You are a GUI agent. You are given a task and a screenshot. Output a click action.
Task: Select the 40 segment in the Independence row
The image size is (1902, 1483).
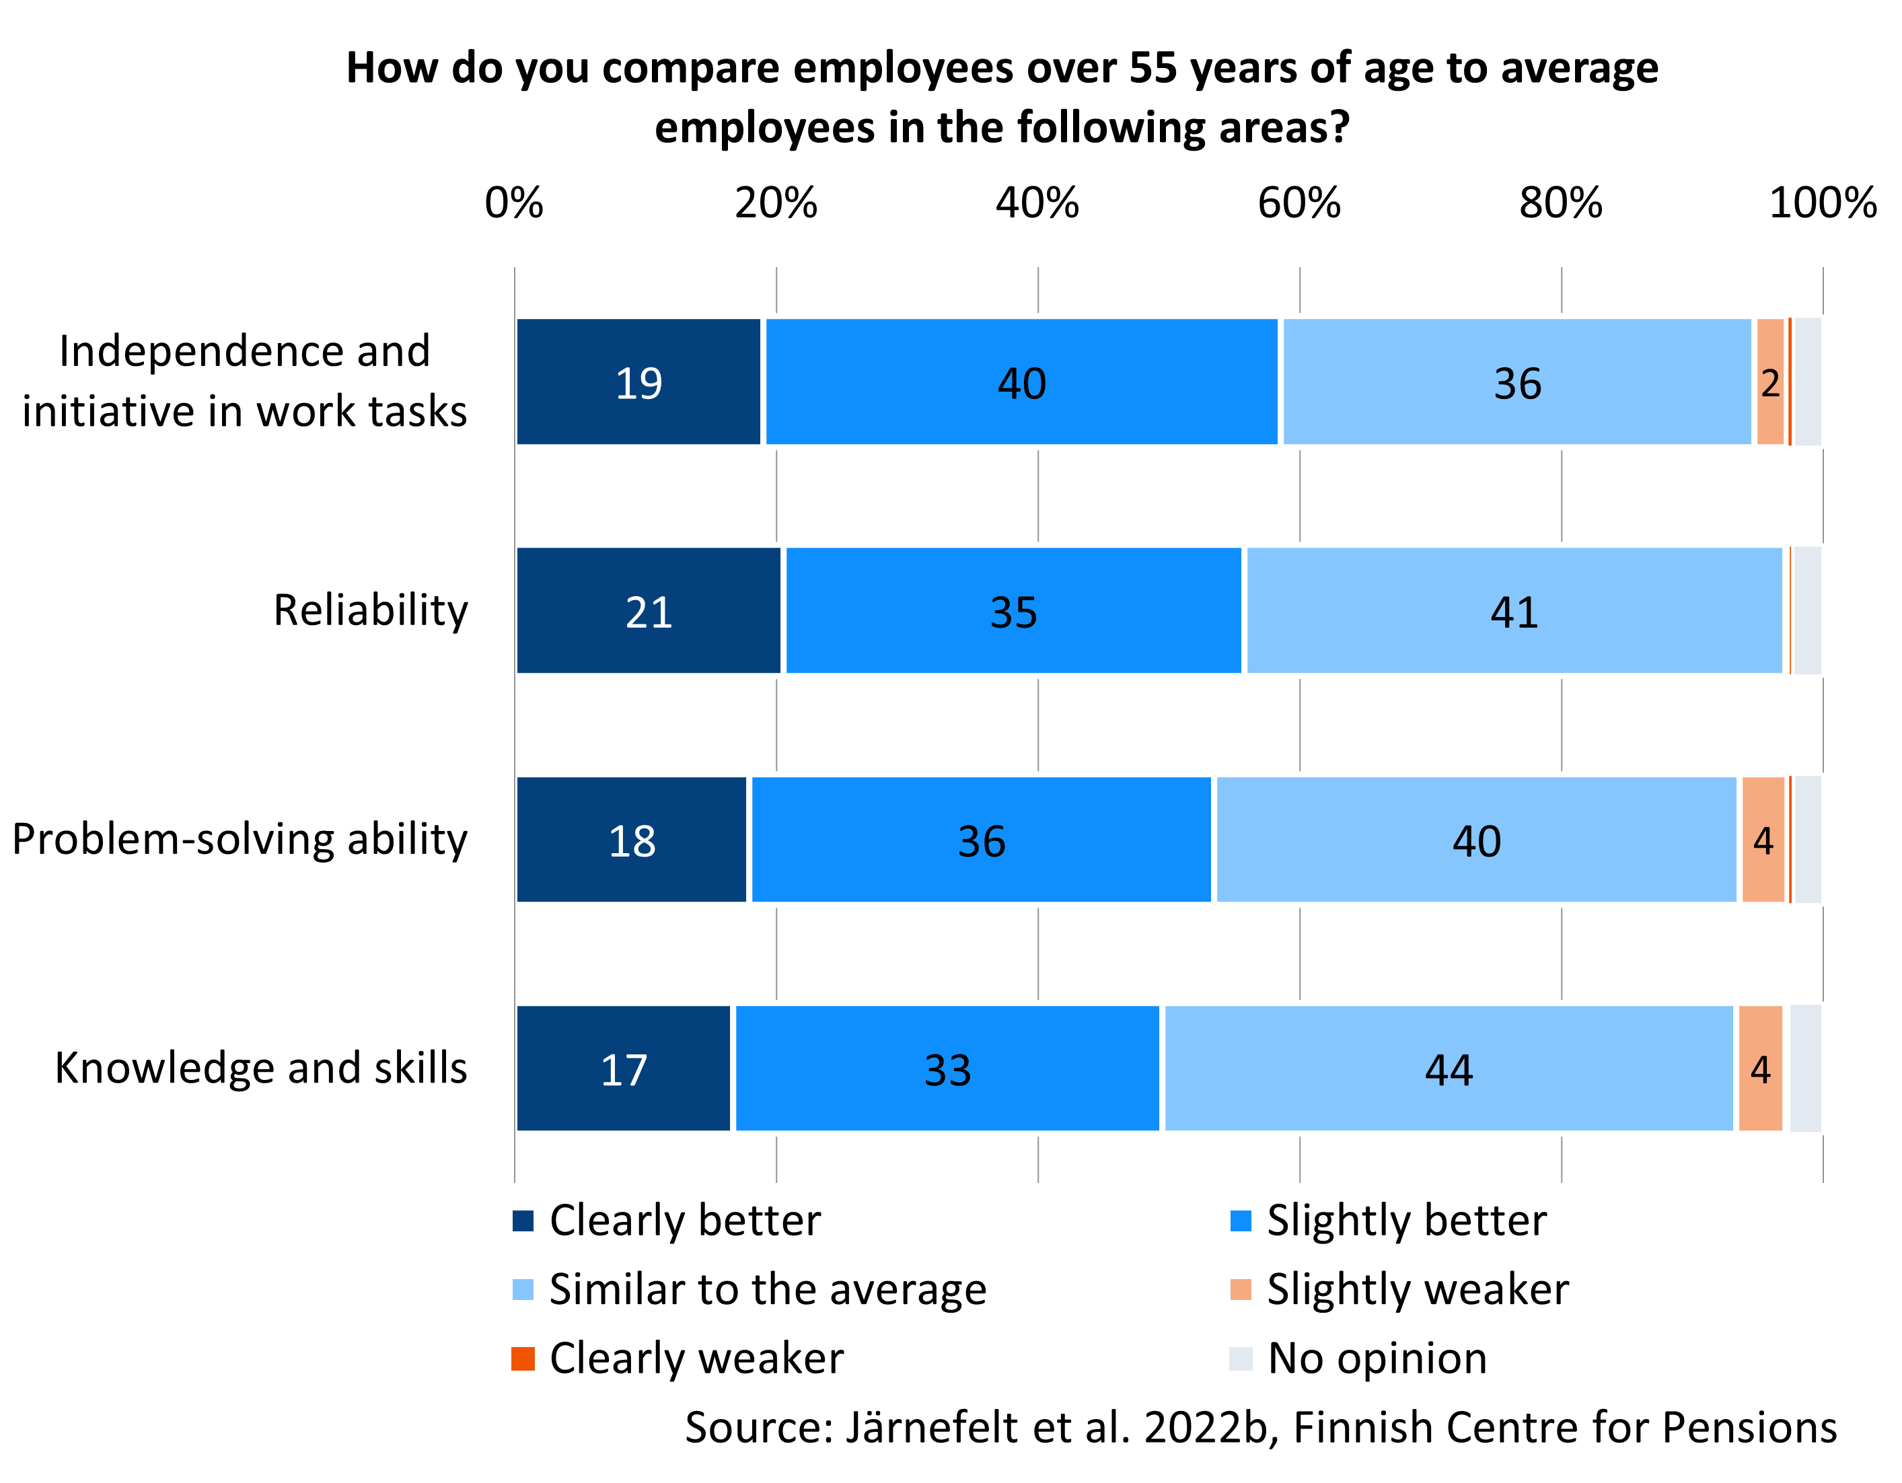tap(1021, 382)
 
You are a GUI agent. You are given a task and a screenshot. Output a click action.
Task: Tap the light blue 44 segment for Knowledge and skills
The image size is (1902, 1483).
tap(1449, 1069)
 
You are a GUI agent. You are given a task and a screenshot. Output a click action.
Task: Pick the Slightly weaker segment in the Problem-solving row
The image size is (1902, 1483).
tap(1763, 840)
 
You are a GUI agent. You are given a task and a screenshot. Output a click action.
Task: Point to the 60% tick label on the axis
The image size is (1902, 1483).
tap(1299, 203)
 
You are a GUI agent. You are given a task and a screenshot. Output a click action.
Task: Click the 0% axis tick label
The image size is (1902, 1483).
tap(514, 203)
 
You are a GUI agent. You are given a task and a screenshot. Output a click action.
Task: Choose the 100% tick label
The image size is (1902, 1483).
tap(1822, 203)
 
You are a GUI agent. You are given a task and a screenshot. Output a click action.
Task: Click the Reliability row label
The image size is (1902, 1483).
tap(370, 610)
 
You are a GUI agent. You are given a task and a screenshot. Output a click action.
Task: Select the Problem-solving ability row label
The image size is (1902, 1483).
tap(240, 840)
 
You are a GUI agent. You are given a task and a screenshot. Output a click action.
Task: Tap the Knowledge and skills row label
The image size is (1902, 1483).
tap(260, 1068)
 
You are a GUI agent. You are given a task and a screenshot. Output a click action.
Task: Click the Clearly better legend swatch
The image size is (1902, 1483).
tap(523, 1221)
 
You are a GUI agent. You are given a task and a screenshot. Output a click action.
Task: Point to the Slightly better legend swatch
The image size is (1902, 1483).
tap(1240, 1221)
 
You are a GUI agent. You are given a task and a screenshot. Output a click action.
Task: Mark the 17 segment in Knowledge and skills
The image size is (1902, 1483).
tap(624, 1069)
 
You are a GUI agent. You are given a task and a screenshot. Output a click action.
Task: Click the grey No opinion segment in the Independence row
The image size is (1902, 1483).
tap(1807, 382)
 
